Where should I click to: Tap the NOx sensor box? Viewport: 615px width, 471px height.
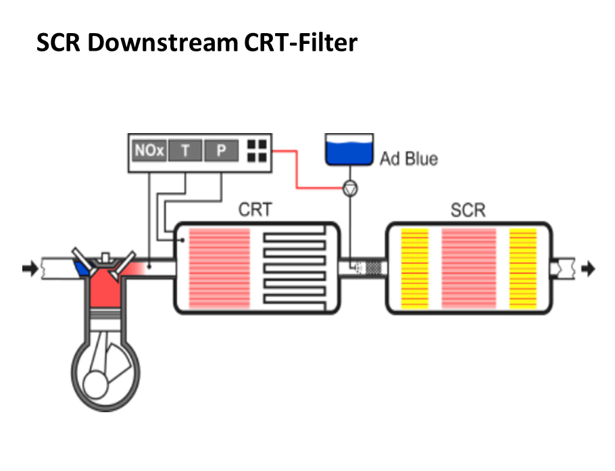coord(149,151)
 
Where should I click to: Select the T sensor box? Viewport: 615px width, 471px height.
coord(186,151)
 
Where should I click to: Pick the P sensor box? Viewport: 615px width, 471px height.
coord(221,151)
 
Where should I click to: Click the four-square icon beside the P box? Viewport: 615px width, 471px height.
coord(257,151)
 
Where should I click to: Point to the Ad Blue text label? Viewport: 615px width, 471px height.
coord(408,159)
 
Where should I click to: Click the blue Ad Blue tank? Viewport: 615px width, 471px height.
coord(349,150)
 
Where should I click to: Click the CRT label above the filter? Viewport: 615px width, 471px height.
coord(255,210)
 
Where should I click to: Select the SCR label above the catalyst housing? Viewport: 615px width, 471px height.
coord(468,210)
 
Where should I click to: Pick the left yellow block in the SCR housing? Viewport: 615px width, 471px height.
coord(415,268)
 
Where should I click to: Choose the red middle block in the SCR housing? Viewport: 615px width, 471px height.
coord(468,268)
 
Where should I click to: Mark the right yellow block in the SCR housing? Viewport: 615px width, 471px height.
coord(522,268)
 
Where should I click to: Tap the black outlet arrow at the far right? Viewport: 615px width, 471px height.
coord(588,268)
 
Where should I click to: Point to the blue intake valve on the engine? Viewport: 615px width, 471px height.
coord(82,268)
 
